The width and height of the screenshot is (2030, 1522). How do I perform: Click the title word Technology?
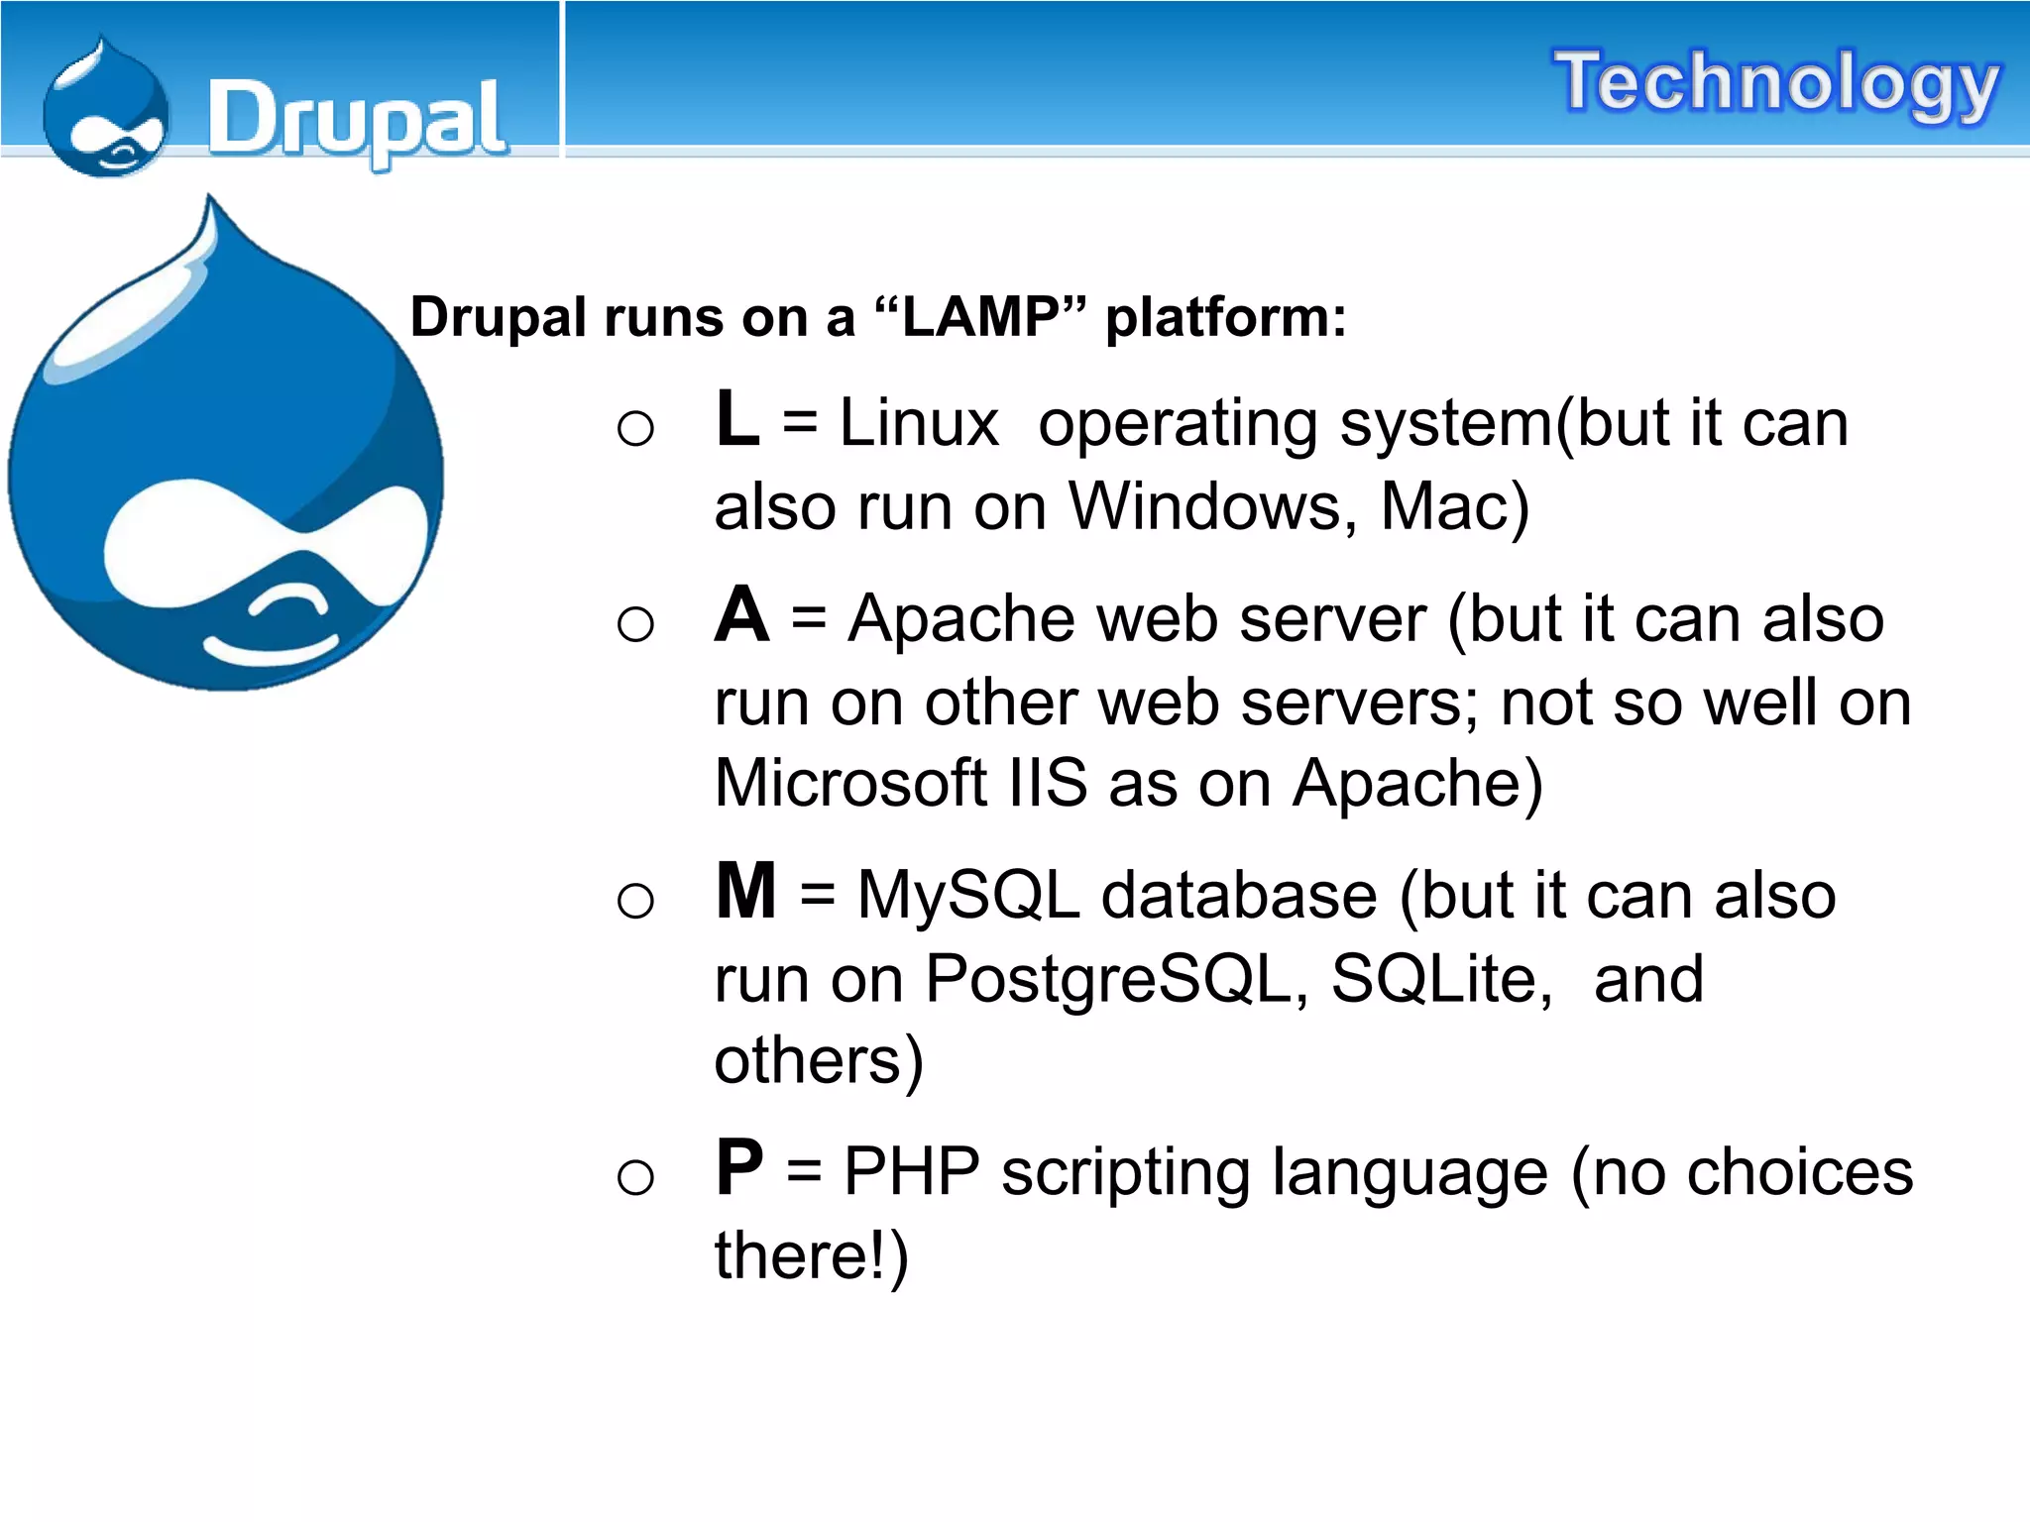(1776, 83)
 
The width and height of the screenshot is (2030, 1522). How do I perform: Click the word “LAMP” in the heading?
(981, 318)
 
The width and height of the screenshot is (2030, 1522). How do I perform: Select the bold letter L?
(736, 419)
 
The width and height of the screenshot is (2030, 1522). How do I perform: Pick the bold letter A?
(741, 615)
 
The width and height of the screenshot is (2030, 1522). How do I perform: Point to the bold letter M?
(745, 892)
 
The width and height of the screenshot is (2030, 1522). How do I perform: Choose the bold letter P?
(739, 1168)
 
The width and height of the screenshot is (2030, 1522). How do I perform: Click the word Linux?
(919, 423)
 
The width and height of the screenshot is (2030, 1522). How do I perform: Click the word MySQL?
(968, 896)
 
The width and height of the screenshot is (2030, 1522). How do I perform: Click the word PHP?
(912, 1172)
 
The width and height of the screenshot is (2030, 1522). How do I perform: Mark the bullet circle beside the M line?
(635, 901)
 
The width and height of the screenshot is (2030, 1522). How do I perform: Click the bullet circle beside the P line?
(635, 1177)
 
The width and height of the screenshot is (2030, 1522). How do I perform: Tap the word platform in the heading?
(1226, 318)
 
